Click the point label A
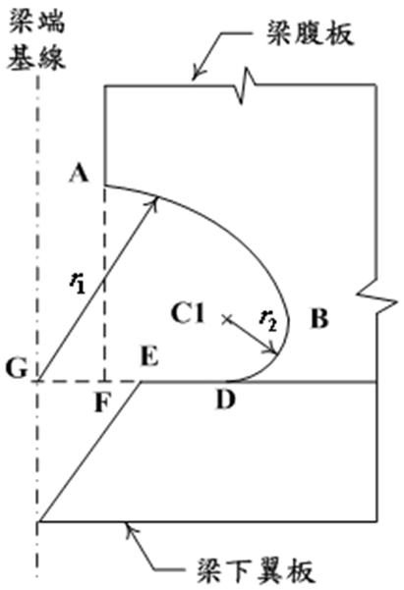(x=79, y=174)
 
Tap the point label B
(x=319, y=318)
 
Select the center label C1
(x=188, y=313)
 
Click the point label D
(x=226, y=400)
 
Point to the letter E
(x=149, y=356)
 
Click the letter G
(x=17, y=368)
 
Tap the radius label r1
(x=78, y=283)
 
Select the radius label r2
(x=268, y=321)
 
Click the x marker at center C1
(x=226, y=319)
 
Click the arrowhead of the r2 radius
(x=273, y=349)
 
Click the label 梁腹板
(x=311, y=33)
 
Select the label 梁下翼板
(x=256, y=571)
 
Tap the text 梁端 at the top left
(x=37, y=21)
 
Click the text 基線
(x=37, y=57)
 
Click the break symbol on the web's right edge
(x=376, y=297)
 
